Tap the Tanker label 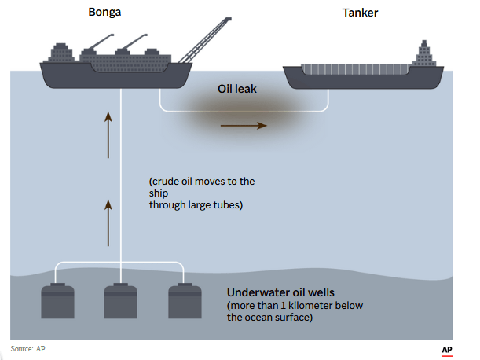pyautogui.click(x=360, y=13)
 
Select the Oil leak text pyautogui.click(x=237, y=90)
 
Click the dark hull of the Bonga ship pyautogui.click(x=118, y=78)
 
